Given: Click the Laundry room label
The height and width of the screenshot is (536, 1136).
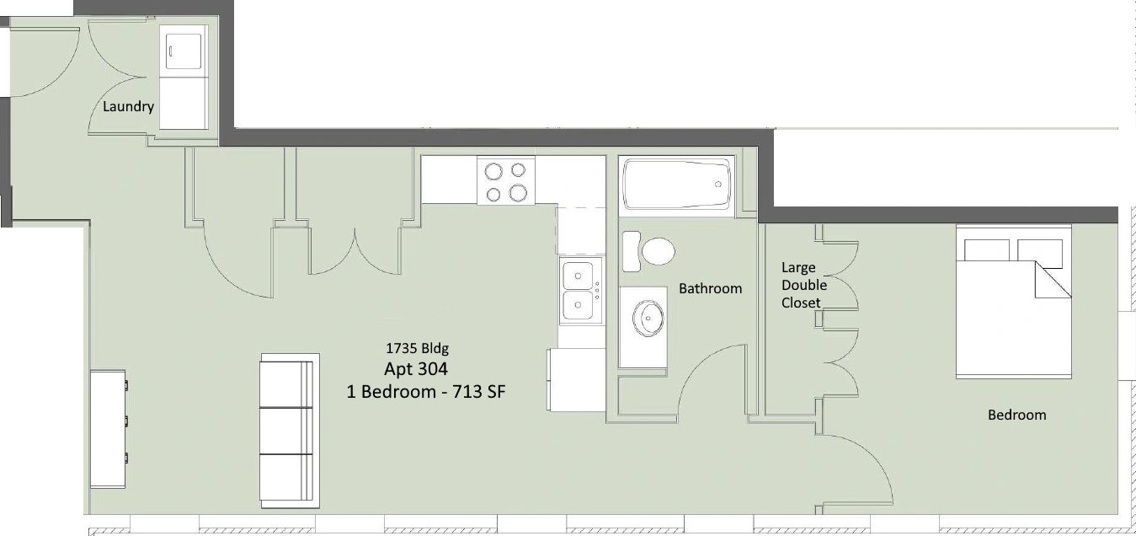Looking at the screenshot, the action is coord(128,106).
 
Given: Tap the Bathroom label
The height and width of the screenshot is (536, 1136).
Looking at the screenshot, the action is coord(710,289).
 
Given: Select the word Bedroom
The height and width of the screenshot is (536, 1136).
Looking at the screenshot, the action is coord(1016,415).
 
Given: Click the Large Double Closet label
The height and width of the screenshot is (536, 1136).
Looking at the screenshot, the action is coord(804,285).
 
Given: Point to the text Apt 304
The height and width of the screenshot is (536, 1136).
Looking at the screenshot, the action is coord(416,368).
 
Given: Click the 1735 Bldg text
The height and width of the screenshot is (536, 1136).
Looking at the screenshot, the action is coord(417,348).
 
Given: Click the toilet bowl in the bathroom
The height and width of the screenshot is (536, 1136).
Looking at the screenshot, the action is coord(659,251).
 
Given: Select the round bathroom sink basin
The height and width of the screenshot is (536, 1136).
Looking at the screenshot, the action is coord(648,319).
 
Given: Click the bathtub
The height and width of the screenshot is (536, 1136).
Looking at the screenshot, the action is coord(676,184).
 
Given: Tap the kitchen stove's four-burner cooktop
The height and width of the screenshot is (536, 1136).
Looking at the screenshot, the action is coord(505,180).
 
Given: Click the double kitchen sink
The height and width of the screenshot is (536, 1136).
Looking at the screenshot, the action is coord(581,291).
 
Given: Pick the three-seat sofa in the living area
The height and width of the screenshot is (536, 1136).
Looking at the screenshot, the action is coord(290,431).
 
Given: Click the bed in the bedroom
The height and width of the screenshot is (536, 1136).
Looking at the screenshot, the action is coord(1013,302).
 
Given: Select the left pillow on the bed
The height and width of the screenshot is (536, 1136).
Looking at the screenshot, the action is coord(986,250).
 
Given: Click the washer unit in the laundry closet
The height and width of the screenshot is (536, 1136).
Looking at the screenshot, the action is coord(184,51).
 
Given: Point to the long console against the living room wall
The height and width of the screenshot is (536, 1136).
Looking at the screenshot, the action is coord(109,429).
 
